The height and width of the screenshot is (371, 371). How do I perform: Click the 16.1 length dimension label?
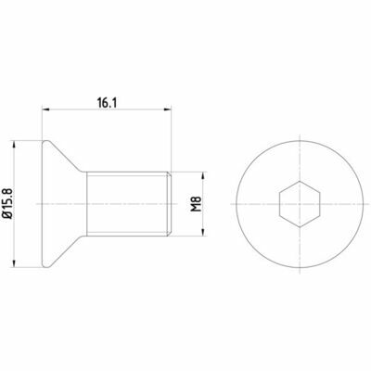coord(107,102)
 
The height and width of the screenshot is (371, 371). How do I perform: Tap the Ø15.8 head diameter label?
coord(8,203)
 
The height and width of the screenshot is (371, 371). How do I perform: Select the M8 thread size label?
coord(196,204)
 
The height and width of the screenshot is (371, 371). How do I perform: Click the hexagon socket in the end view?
coord(300,204)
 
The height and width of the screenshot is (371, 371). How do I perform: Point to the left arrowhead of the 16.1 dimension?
coord(45,109)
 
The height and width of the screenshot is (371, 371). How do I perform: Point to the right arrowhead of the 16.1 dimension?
coord(168,109)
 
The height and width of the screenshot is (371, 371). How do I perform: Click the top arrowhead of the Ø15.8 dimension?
coord(14,145)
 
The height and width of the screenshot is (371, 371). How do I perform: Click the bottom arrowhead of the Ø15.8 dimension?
coord(14,263)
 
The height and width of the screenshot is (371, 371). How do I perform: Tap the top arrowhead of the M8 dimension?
coord(202,175)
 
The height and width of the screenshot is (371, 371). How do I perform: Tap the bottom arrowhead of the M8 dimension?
coord(202,233)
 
